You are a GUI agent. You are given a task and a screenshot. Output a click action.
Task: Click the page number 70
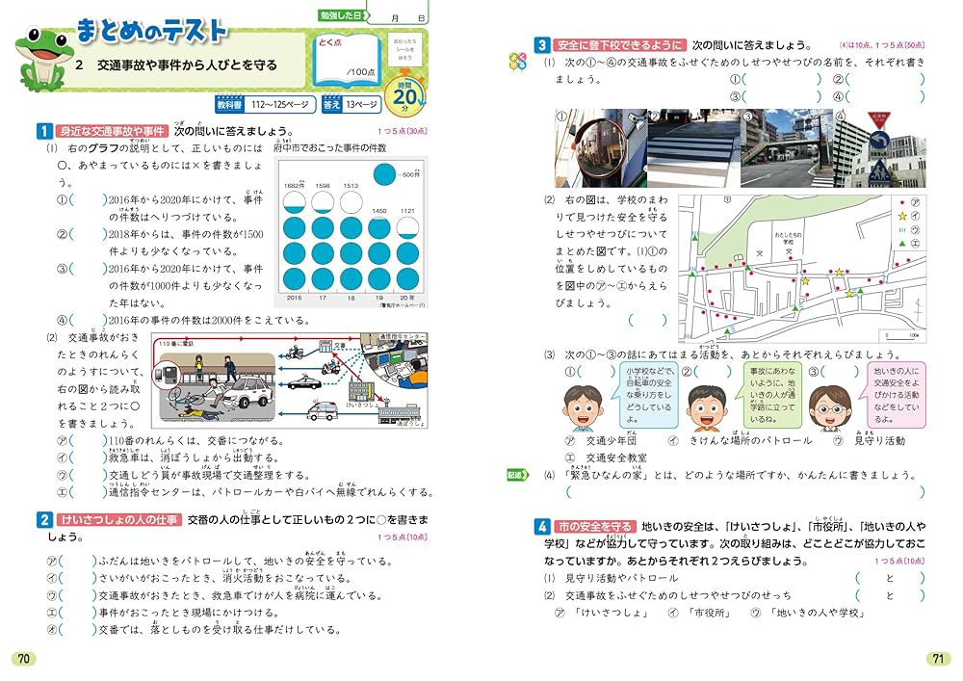(x=24, y=658)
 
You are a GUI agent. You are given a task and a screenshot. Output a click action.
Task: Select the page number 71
(x=937, y=658)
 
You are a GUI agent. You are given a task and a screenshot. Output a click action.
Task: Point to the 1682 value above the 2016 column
(x=294, y=185)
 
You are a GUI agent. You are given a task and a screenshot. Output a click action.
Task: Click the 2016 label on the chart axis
(x=295, y=300)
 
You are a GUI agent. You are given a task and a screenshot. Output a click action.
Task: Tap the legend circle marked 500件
(x=383, y=174)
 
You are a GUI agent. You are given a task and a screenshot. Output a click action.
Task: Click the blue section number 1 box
(x=43, y=131)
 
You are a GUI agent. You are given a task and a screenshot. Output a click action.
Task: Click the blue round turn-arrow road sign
(x=876, y=142)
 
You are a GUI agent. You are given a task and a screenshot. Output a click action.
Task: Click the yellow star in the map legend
(x=902, y=218)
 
